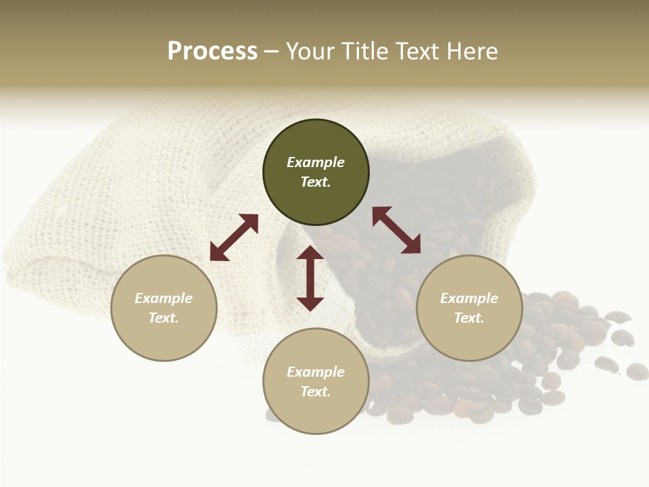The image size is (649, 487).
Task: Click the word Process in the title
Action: (212, 51)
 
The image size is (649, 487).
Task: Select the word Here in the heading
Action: (471, 51)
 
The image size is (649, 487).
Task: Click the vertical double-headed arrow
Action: (310, 278)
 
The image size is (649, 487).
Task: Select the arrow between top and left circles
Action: (234, 237)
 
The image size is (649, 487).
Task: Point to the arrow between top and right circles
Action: (396, 230)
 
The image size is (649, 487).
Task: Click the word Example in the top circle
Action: (316, 162)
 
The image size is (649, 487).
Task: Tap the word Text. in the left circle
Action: (164, 318)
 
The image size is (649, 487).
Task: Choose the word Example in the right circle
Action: (469, 298)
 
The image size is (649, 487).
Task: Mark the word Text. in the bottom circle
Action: (316, 392)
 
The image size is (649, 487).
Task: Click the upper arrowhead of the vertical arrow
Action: (310, 253)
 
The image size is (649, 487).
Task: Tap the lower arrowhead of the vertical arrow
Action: (310, 304)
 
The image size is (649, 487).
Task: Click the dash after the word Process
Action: (271, 51)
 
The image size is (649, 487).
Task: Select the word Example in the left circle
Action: (164, 298)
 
